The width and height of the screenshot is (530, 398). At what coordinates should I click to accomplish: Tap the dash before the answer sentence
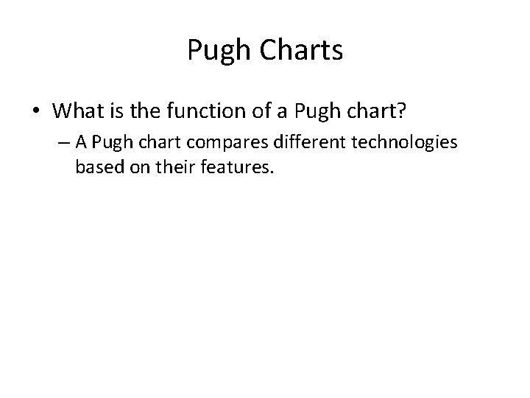pyautogui.click(x=65, y=142)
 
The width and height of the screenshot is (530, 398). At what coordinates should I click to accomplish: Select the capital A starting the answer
pyautogui.click(x=80, y=142)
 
